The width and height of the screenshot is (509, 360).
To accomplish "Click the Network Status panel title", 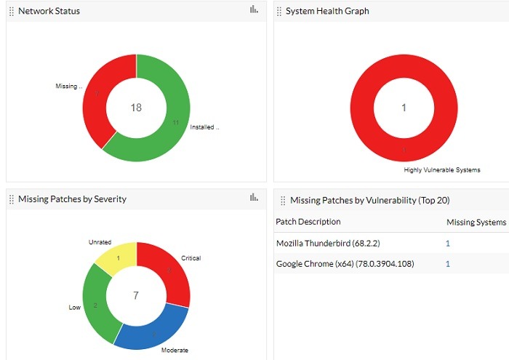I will click(49, 11).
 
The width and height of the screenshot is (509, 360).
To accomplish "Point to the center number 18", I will click(136, 108).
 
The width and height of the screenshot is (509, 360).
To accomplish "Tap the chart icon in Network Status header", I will click(254, 9).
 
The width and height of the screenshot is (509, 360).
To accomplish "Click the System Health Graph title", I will click(326, 11).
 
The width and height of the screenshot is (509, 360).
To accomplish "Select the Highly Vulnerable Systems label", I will click(442, 170).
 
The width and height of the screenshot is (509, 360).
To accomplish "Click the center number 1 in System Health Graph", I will click(404, 108).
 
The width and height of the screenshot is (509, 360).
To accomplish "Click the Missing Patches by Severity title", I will click(72, 199).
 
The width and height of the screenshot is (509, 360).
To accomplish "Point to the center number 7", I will click(136, 295).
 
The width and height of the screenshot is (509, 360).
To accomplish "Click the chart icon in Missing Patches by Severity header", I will click(254, 197).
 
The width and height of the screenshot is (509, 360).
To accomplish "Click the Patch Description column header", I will click(308, 221).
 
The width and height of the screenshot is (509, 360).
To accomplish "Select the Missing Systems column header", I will click(476, 221).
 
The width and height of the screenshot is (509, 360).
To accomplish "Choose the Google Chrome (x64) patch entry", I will click(345, 263).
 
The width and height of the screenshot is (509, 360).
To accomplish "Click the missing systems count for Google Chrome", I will click(448, 263).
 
